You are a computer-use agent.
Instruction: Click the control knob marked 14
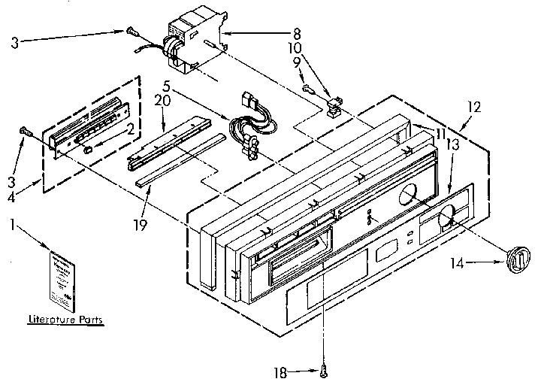[x=516, y=258]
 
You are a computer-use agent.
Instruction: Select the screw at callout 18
[x=324, y=368]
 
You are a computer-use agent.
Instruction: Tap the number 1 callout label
[x=13, y=223]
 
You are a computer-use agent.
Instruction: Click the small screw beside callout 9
[x=307, y=88]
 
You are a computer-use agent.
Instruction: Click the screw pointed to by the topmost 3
[x=131, y=31]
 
